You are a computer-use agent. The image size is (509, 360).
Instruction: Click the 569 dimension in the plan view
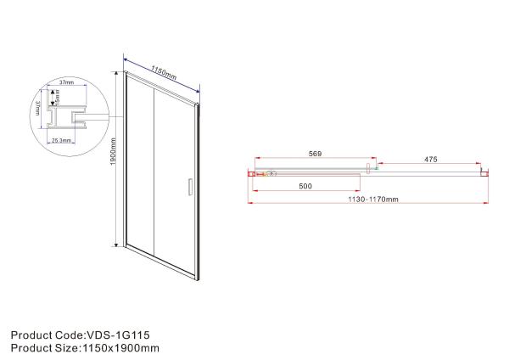pos(315,155)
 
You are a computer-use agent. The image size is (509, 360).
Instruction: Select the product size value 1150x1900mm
pos(121,347)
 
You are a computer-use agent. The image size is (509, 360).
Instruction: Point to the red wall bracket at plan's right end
pos(484,172)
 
